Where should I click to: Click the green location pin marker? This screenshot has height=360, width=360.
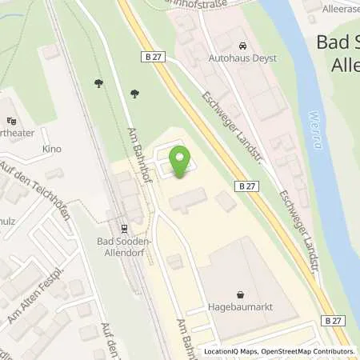pos(181,163)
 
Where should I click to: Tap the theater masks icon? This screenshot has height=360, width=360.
pos(11,121)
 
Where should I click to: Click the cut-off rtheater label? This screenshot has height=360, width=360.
pos(18,133)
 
